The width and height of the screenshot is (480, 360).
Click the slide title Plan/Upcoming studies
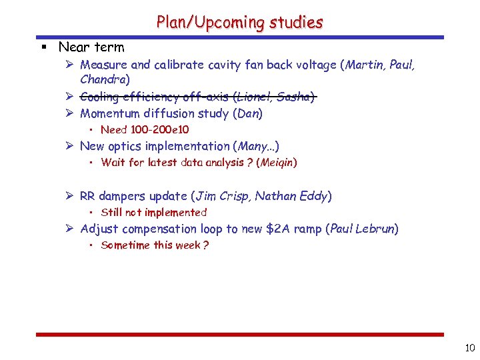239,22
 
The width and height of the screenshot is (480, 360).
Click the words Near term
91,47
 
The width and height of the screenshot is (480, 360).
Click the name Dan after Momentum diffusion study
247,113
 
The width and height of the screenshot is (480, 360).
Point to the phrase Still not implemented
154,212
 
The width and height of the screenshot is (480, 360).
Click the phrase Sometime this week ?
155,245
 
